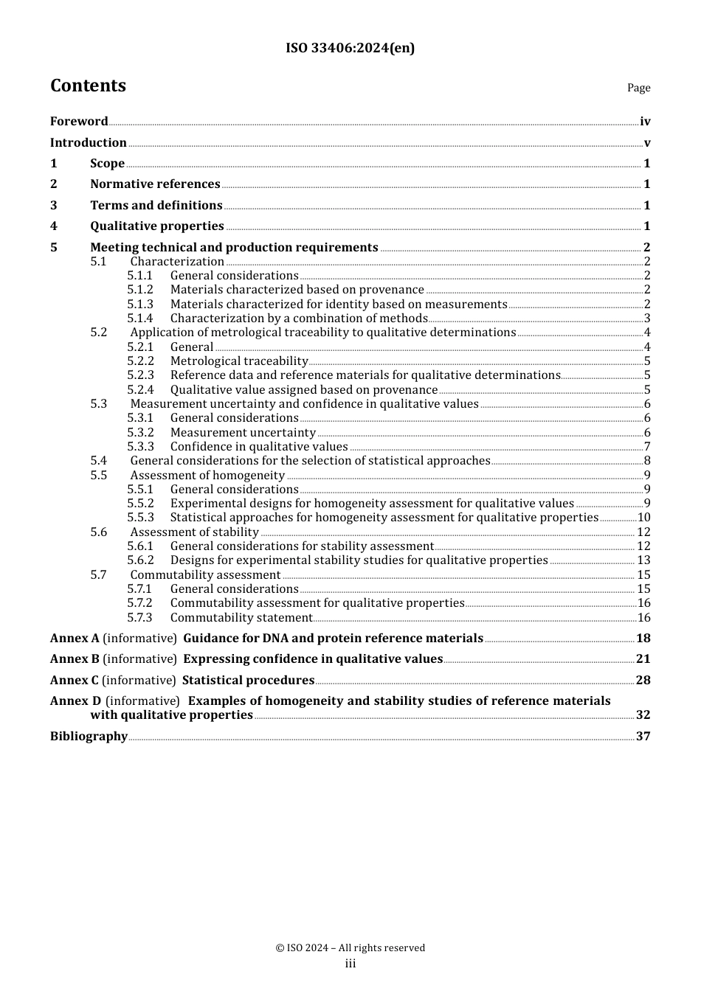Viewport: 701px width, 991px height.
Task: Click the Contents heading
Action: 88,86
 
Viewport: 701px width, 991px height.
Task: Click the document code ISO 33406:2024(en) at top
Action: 350,48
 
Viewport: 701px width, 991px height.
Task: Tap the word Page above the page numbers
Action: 638,88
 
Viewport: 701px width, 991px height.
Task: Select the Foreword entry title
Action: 79,122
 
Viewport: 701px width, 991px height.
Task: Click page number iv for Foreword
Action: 645,122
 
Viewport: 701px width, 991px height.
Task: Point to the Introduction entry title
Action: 88,143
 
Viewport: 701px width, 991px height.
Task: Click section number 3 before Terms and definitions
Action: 53,206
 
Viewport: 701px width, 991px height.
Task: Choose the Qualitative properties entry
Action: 156,226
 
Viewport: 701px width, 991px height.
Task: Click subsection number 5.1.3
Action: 139,305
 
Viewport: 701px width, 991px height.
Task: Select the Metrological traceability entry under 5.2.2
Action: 238,361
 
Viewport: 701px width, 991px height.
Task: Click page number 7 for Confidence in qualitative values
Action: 647,447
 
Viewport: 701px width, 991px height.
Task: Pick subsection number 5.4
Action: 98,461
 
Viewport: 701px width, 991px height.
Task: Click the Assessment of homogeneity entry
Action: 207,476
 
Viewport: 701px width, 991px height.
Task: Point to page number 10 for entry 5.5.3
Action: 643,518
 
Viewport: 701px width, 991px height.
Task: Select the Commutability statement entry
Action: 241,618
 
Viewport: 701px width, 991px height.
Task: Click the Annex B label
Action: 75,659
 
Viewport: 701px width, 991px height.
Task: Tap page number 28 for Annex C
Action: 643,681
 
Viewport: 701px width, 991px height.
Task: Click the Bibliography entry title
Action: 89,737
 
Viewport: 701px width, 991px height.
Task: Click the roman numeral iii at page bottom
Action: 350,964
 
